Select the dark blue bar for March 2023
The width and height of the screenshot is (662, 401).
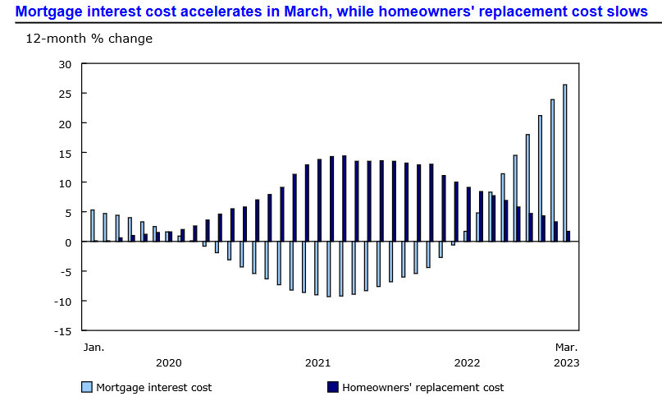(568, 237)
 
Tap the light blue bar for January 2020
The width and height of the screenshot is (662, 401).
(93, 226)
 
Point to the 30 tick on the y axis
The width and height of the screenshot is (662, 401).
(66, 64)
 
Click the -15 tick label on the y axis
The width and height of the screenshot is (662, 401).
(62, 331)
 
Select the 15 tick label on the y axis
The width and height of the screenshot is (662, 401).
(66, 153)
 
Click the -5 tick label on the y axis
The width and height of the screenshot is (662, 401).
(66, 272)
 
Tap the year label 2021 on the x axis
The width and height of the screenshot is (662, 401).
(317, 362)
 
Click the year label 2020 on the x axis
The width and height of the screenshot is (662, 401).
(168, 362)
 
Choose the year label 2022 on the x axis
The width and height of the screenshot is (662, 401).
(467, 362)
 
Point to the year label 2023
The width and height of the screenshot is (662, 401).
(566, 362)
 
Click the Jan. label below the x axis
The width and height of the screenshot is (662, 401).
(94, 347)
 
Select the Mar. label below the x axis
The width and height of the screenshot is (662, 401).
(566, 347)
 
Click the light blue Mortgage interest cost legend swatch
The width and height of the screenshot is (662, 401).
(86, 387)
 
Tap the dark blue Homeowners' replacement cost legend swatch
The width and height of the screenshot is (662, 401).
(332, 387)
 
